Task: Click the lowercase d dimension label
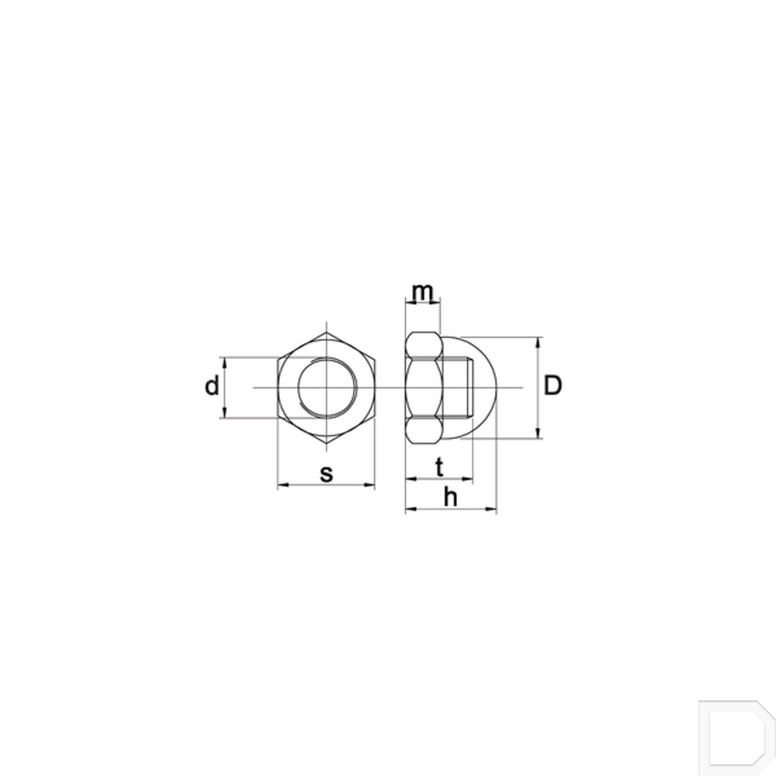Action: click(x=212, y=386)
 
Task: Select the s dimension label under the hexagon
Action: click(x=326, y=473)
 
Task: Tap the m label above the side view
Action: click(x=422, y=292)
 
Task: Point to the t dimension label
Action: click(x=439, y=468)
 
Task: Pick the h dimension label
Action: click(x=451, y=498)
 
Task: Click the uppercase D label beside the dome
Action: click(x=553, y=386)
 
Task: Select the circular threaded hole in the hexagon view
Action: click(x=327, y=388)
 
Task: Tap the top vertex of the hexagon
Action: click(x=327, y=333)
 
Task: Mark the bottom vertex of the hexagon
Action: click(x=327, y=443)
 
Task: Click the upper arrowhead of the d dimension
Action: click(x=225, y=361)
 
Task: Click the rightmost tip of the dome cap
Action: click(x=496, y=387)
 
